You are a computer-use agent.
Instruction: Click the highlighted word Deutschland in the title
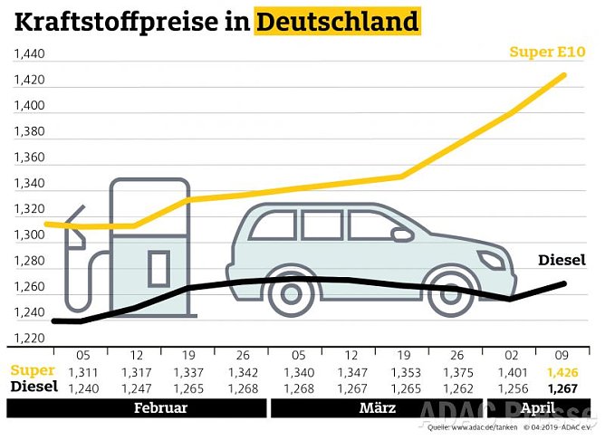[x=337, y=20]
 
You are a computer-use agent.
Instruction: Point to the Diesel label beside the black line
[x=562, y=261]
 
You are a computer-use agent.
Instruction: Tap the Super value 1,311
[x=82, y=371]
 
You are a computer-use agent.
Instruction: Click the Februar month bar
[x=160, y=408]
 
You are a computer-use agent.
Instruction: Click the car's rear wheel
[x=291, y=292]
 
